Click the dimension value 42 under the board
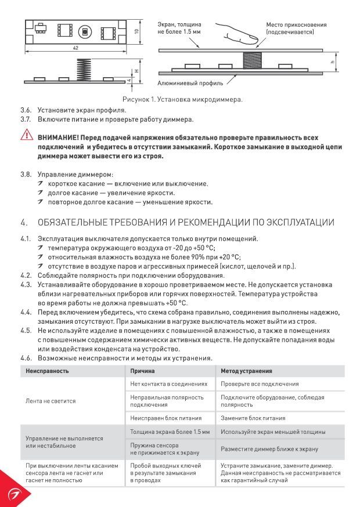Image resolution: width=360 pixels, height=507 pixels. pos(75,48)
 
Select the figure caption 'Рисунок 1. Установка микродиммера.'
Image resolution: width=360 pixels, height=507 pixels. pos(182,99)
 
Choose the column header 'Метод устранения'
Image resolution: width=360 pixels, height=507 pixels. pos(247,371)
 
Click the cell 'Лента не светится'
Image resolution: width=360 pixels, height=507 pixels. pos(51,401)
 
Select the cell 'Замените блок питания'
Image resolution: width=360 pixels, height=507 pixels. pos(253,418)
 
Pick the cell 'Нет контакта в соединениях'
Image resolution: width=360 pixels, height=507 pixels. pos(168,384)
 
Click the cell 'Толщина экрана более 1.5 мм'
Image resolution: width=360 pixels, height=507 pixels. pos(170,432)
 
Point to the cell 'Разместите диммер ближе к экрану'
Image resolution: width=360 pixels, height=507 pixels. pos(269,449)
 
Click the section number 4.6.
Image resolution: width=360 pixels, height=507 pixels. pos(26,358)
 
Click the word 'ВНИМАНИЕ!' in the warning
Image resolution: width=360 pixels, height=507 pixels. pos(58,139)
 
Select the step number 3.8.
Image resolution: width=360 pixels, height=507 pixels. pos(26,174)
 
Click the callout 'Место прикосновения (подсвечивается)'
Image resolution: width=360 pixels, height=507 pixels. pos(296,28)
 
